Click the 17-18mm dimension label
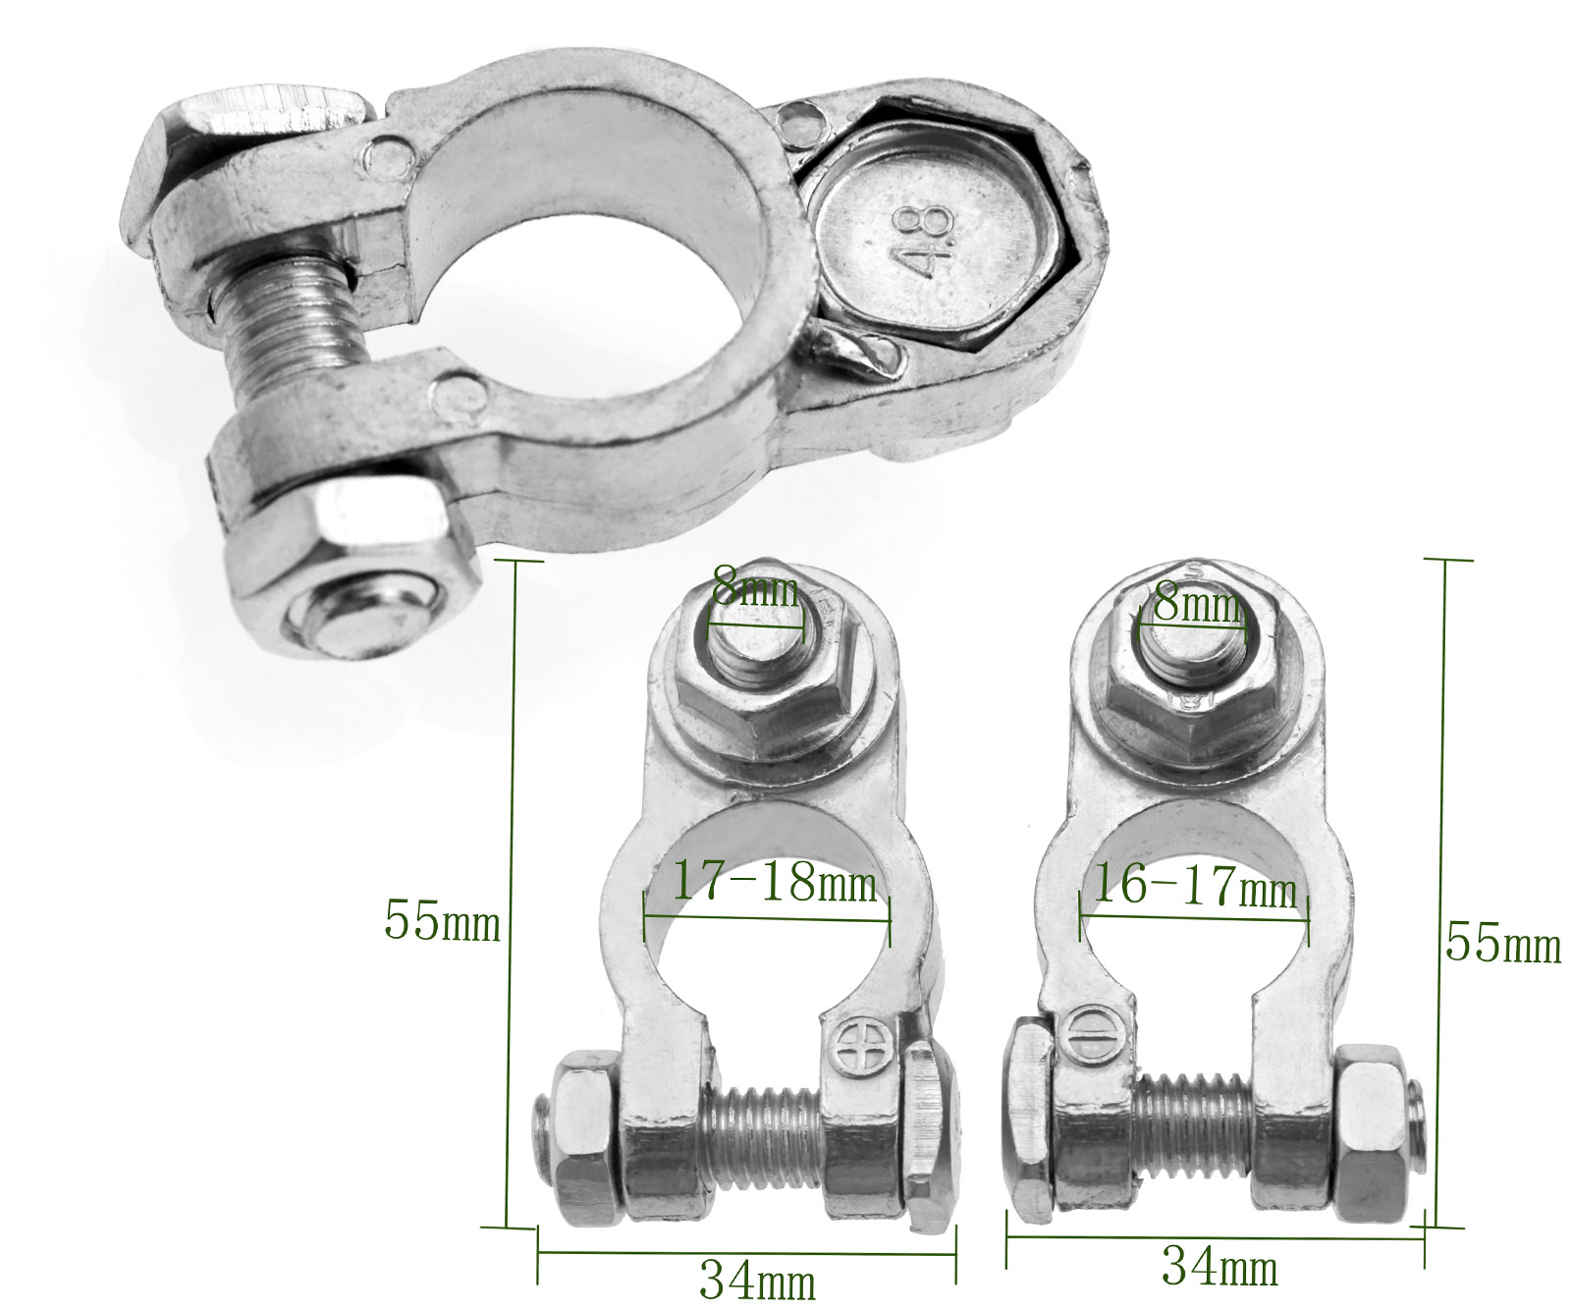pyautogui.click(x=773, y=882)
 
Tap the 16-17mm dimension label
pyautogui.click(x=1193, y=888)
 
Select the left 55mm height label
pyautogui.click(x=442, y=922)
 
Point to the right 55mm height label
pyautogui.click(x=1502, y=944)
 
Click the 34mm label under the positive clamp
pyautogui.click(x=757, y=1280)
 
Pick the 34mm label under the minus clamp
pyautogui.click(x=1219, y=1267)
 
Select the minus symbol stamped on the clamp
pyautogui.click(x=1088, y=1033)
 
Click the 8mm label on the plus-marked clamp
pyautogui.click(x=755, y=588)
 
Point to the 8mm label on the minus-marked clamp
pyautogui.click(x=1196, y=603)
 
